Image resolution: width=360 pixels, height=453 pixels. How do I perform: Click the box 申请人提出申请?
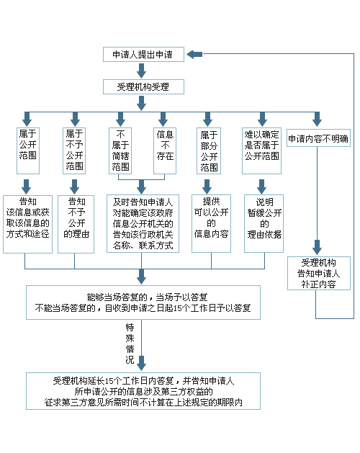pos(143,54)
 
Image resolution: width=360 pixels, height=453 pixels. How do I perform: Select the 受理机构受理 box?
pos(143,86)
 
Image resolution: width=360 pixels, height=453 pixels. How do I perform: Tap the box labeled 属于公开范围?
pos(28,151)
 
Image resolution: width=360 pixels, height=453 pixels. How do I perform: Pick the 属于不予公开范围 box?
pos(74,151)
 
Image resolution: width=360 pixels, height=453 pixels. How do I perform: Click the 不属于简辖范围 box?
pos(120,151)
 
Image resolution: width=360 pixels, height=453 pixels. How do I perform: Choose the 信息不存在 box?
pos(165,151)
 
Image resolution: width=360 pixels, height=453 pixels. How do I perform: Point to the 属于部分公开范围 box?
pos(209,151)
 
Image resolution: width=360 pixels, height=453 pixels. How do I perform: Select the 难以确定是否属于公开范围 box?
pos(262,151)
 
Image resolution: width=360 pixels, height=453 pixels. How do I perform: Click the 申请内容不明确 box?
pos(319,138)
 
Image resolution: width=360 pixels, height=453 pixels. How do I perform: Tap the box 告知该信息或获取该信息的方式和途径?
pos(28,224)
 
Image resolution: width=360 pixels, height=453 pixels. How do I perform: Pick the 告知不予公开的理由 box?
pos(76,224)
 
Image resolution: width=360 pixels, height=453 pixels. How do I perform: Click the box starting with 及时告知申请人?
pos(143,223)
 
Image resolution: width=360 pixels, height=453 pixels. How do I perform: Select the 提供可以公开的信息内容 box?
pos(211,223)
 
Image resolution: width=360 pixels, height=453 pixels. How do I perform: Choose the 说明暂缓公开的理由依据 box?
pos(264,223)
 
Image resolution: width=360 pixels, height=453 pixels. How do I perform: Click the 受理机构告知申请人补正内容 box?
pos(319,273)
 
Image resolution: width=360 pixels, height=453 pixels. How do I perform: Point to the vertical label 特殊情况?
pos(130,344)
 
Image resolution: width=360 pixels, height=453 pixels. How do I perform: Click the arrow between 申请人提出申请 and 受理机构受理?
pos(141,71)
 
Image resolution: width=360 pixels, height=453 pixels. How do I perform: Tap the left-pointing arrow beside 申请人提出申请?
pos(194,54)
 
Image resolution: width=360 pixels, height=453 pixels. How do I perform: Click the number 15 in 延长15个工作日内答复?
pos(109,381)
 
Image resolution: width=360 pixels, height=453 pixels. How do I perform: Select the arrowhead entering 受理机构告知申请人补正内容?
pos(317,248)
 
